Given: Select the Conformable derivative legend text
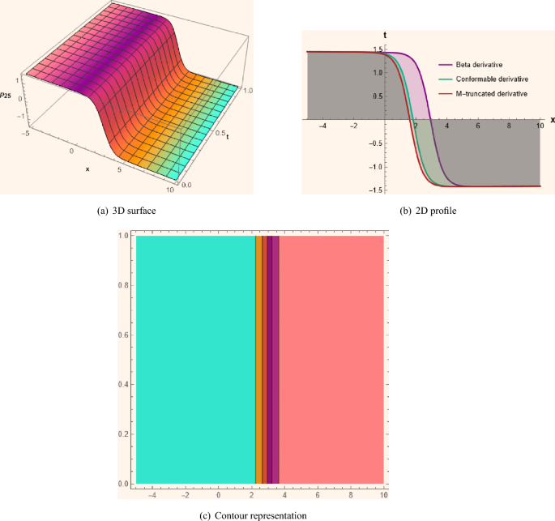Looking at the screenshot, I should click(492, 79).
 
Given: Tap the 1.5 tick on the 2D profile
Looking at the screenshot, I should click(377, 50).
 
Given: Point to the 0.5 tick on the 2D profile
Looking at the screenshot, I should click(377, 96).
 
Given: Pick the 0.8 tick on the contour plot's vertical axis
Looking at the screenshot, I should click(122, 285).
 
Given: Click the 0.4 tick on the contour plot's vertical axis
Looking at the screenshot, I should click(122, 384).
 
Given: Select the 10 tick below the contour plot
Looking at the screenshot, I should click(382, 493).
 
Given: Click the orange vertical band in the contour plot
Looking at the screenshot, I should click(258, 361).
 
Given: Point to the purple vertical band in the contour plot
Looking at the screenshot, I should click(275, 361).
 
